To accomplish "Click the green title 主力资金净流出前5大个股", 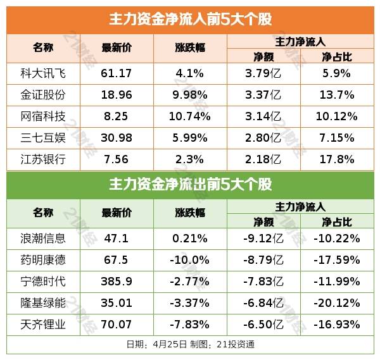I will (190, 185).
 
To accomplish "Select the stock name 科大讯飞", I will (43, 73).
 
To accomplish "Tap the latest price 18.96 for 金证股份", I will (116, 95).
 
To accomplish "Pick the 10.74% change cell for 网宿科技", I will (190, 116).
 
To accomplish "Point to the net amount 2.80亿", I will (263, 137).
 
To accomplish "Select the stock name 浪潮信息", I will (43, 239).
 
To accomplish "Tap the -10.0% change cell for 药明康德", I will (190, 260).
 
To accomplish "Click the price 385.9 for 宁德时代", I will (116, 282).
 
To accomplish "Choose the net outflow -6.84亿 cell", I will (263, 302).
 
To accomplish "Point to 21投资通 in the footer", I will (236, 344).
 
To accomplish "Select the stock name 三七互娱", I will (43, 137).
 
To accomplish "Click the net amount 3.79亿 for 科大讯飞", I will (263, 73).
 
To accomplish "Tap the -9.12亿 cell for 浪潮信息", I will (263, 239).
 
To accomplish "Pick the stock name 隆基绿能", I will (43, 302).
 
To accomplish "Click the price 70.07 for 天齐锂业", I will (116, 324).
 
